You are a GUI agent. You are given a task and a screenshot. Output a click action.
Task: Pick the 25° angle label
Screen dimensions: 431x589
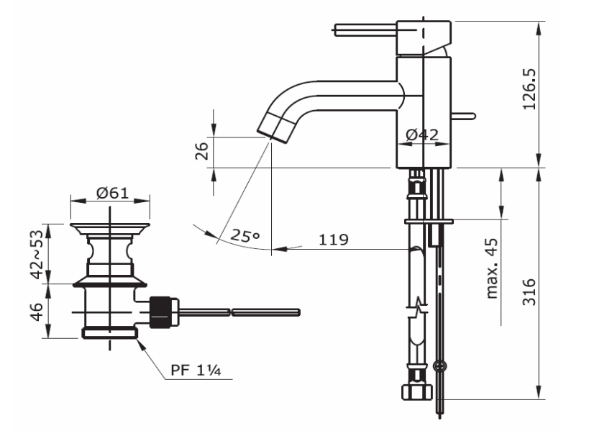(245, 235)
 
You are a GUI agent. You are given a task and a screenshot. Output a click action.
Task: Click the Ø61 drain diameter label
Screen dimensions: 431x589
(111, 192)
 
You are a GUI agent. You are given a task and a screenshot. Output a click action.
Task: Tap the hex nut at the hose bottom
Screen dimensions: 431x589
(415, 392)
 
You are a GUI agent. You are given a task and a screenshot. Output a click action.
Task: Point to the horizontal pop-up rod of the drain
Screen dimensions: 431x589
(237, 312)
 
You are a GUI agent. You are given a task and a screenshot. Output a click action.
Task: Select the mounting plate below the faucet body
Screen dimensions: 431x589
(429, 220)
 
